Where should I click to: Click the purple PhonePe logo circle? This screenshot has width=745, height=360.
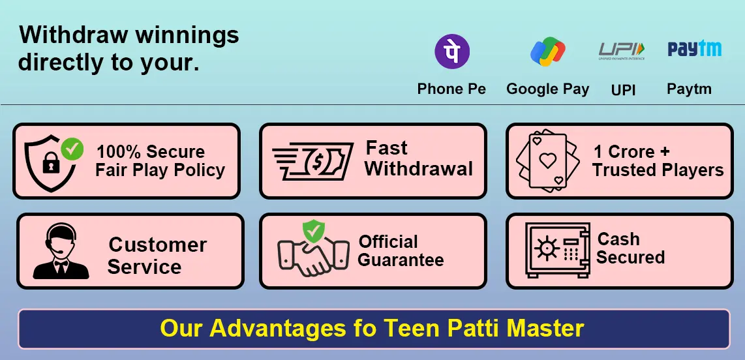pos(452,51)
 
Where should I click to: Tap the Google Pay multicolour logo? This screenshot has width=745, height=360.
pos(547,52)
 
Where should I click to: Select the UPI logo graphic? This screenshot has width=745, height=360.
pos(622,50)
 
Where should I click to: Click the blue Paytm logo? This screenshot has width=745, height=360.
pos(694,49)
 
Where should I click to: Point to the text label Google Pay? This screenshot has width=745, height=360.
pos(547,89)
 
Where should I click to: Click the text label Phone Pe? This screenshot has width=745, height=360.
pos(451,89)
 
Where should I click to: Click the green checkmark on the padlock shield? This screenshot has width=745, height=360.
pos(72,149)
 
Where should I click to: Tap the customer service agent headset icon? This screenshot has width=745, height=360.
pos(60,251)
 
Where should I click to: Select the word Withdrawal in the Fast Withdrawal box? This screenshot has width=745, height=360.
pos(418,169)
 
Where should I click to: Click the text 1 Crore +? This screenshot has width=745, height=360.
pos(631,151)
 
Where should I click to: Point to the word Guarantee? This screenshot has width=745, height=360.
pos(401,260)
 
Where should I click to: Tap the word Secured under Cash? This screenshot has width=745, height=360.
pos(630,257)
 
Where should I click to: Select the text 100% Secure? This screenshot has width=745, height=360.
pos(151,152)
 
